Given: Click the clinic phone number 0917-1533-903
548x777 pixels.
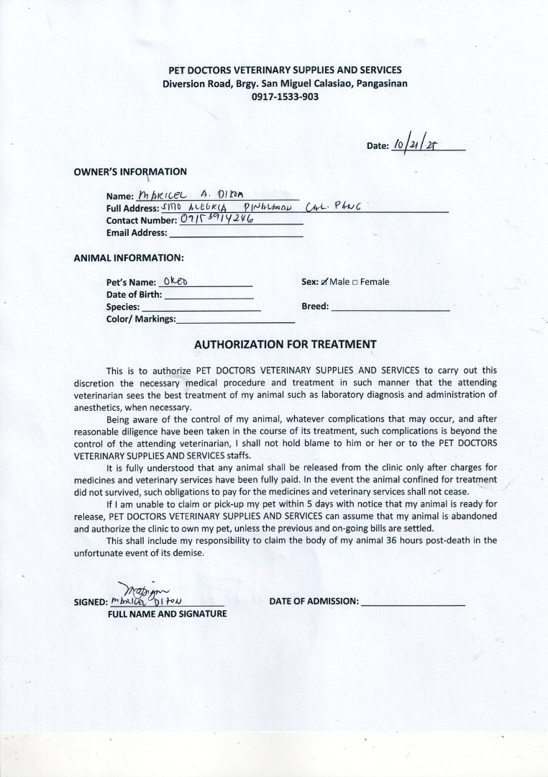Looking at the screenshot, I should (284, 96).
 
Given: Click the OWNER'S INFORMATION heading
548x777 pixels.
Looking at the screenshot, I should (130, 172).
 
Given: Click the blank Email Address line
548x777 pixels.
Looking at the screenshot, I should (236, 233).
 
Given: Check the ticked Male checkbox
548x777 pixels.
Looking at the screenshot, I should (325, 282).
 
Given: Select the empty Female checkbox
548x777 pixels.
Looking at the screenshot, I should (355, 282).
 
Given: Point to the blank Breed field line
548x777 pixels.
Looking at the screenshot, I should (391, 307).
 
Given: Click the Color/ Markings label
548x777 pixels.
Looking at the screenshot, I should (141, 319).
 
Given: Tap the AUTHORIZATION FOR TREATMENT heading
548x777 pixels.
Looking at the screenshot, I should (286, 344).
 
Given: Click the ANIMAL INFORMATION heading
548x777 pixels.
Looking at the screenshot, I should (129, 257).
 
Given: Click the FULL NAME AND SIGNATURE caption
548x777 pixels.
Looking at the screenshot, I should (167, 614).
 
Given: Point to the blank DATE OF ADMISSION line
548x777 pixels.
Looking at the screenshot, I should (413, 602).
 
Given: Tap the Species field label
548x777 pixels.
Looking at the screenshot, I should (123, 306).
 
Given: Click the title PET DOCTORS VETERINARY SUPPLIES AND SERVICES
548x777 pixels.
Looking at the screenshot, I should (285, 70).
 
